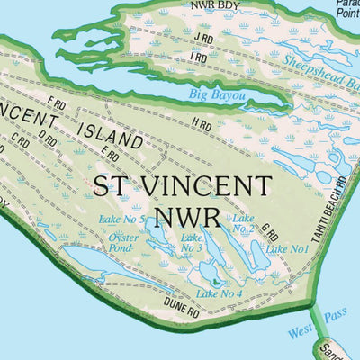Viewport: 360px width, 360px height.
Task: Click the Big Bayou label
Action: [x=215, y=93]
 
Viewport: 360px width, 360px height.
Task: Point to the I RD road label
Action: [x=199, y=58]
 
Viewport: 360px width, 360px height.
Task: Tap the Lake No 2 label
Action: [x=241, y=223]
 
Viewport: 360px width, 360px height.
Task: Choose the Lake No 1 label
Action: [x=288, y=248]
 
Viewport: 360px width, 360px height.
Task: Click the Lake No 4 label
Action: [x=219, y=293]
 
